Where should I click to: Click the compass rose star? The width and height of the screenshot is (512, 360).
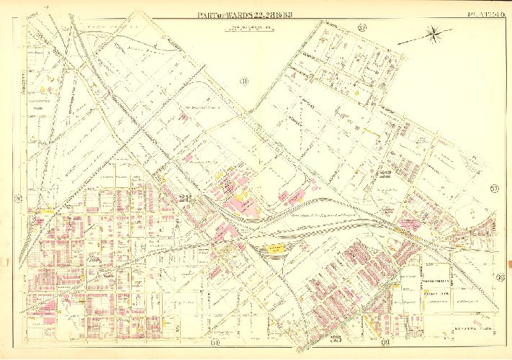tap(435, 32)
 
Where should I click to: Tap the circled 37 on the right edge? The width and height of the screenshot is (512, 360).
tap(495, 189)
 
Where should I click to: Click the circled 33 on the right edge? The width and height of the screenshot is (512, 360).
tap(499, 277)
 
